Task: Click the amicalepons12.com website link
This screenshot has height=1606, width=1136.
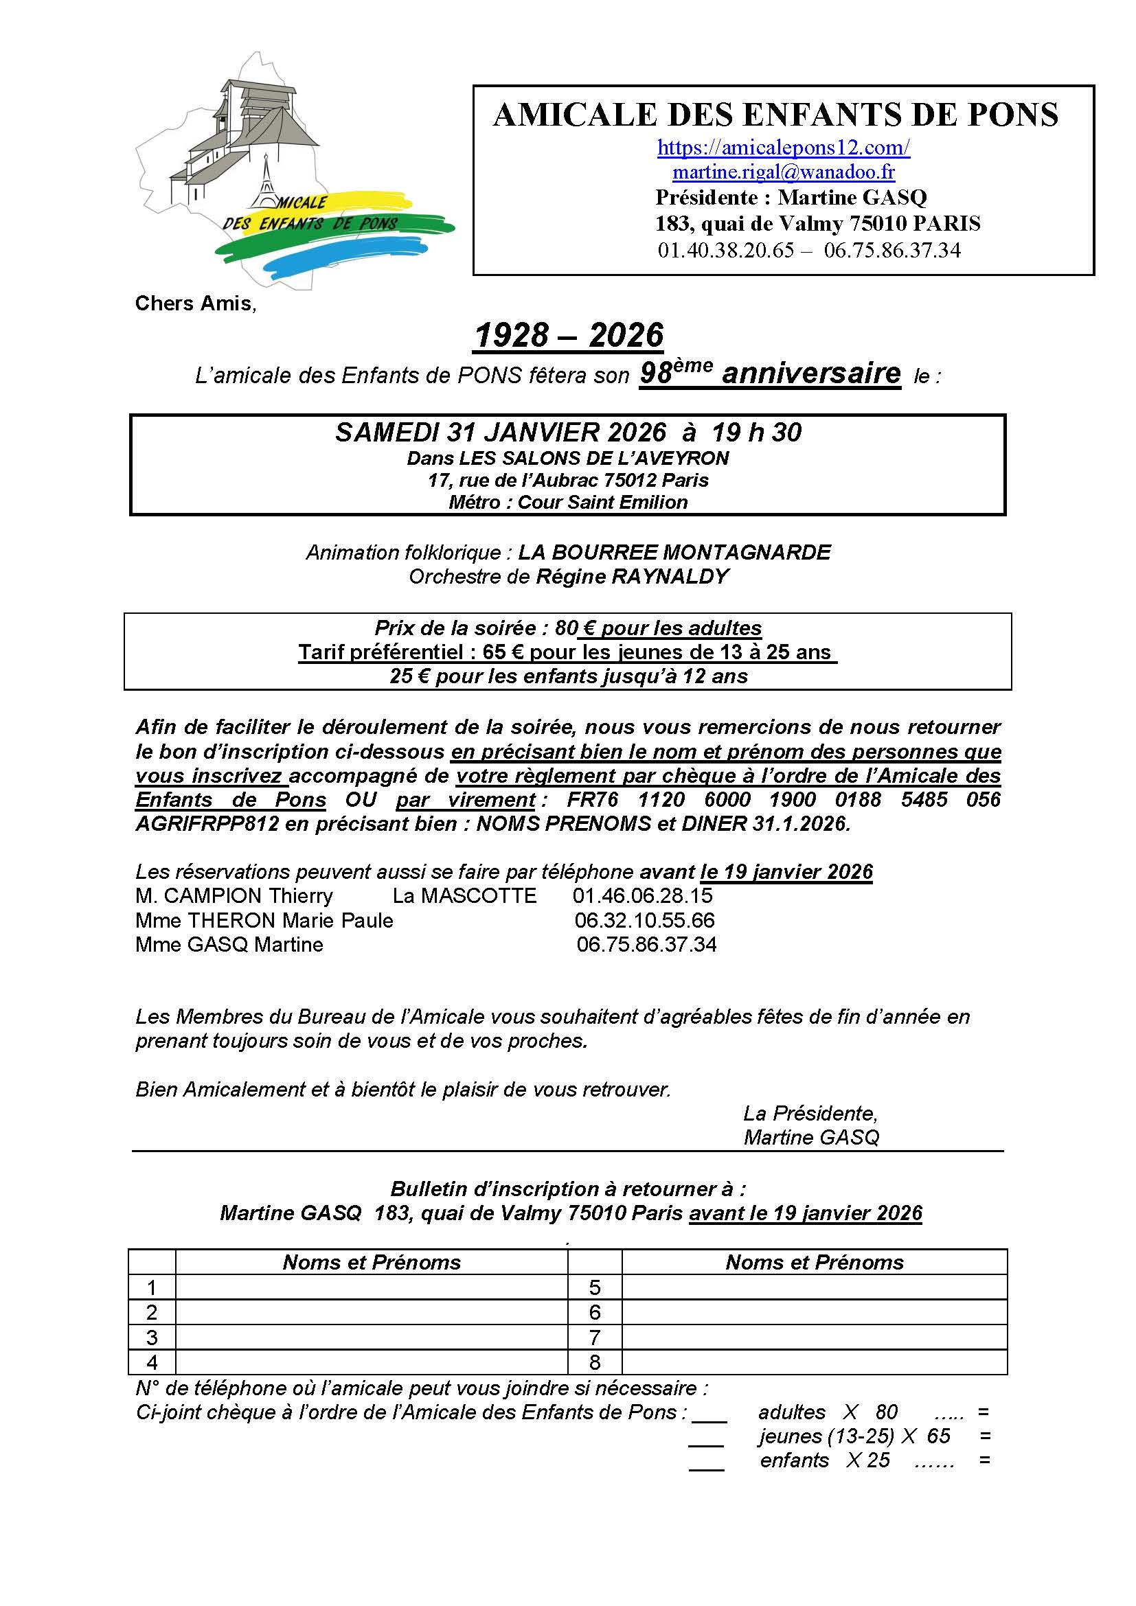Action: [784, 148]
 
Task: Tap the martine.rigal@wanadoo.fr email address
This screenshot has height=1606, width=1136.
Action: [784, 172]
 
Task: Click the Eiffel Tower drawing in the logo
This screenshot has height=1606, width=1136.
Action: [266, 183]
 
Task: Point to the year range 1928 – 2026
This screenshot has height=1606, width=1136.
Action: [569, 336]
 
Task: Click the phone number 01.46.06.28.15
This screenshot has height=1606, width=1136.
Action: [642, 896]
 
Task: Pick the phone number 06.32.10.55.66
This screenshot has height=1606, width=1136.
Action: [644, 921]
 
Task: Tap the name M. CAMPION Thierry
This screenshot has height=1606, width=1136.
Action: [234, 896]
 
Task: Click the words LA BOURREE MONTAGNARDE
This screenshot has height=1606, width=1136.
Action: [674, 553]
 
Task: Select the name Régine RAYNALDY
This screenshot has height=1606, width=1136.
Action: [633, 577]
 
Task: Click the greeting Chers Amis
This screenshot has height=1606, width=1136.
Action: [195, 303]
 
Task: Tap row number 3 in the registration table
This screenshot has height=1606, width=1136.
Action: [152, 1338]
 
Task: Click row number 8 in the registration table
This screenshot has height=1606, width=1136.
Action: [595, 1362]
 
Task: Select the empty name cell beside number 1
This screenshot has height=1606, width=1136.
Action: [371, 1287]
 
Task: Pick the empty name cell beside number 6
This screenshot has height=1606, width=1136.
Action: [815, 1313]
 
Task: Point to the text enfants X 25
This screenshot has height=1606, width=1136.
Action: [825, 1460]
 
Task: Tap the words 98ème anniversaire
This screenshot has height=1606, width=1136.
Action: [770, 374]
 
